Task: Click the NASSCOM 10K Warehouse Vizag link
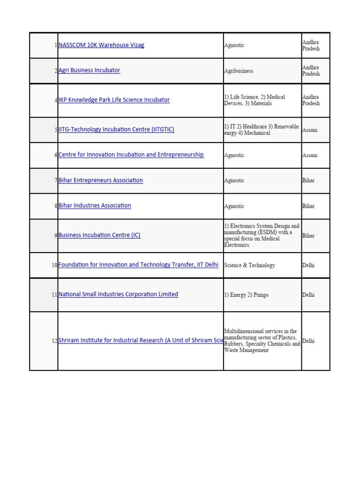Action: coord(101,45)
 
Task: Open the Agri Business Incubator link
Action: coord(89,70)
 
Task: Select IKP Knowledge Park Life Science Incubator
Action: coord(114,100)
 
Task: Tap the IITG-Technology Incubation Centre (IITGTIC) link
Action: coord(116,129)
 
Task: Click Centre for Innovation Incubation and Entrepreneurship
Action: coord(131,155)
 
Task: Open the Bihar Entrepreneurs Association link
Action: coord(100,180)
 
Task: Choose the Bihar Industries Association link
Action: coord(95,206)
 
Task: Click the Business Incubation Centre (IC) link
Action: coord(99,235)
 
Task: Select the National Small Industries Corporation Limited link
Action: coord(118,294)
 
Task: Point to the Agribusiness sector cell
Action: coord(239,71)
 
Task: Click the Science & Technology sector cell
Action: coord(249,265)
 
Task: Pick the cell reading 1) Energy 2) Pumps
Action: coord(246,295)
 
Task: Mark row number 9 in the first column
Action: coord(56,235)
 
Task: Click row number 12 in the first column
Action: coord(54,341)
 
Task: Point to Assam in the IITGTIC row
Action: coord(310,130)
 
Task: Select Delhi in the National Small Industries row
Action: coord(308,295)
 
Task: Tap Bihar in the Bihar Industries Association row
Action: coord(308,206)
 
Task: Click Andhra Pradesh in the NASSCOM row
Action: coord(311,45)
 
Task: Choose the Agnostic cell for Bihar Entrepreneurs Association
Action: coord(234,180)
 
